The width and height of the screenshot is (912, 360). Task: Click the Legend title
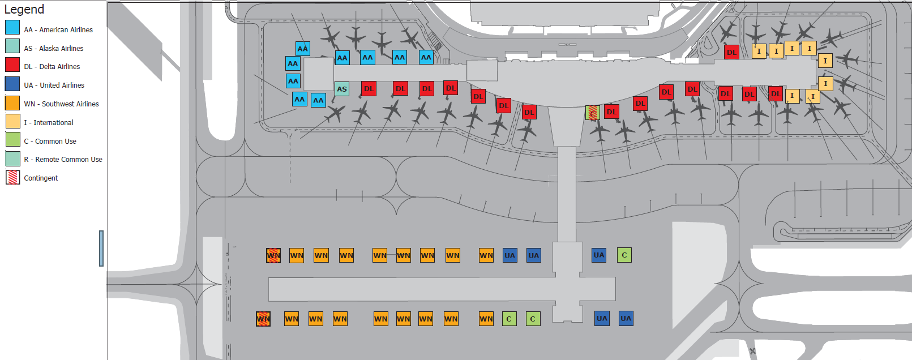[x=24, y=10]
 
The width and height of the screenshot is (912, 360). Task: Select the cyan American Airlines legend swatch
[x=12, y=27]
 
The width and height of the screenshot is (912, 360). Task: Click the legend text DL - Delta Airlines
[x=52, y=67]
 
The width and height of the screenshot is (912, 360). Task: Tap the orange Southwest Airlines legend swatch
[x=12, y=102]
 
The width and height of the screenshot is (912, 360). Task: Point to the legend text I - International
[x=49, y=122]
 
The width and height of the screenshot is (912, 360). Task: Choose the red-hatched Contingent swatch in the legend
[x=12, y=177]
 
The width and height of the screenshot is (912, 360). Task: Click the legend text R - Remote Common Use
[x=63, y=160]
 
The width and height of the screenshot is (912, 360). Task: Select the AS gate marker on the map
[x=342, y=89]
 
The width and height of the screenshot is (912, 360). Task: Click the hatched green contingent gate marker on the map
[x=593, y=113]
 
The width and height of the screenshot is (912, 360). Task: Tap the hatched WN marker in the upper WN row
[x=273, y=255]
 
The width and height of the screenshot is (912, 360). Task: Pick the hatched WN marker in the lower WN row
[x=263, y=319]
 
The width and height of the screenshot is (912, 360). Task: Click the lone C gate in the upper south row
[x=624, y=255]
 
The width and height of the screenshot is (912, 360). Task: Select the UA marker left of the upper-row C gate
[x=599, y=255]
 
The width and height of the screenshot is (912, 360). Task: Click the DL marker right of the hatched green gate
[x=611, y=112]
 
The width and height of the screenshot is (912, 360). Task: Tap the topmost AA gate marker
[x=303, y=48]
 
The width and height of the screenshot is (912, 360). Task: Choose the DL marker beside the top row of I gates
[x=732, y=52]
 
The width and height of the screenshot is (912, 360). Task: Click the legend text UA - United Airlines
[x=54, y=85]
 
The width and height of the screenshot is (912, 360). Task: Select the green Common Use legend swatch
[x=12, y=139]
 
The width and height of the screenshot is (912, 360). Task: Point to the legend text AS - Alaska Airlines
[x=53, y=49]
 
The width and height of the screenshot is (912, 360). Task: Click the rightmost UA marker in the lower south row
[x=626, y=318]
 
